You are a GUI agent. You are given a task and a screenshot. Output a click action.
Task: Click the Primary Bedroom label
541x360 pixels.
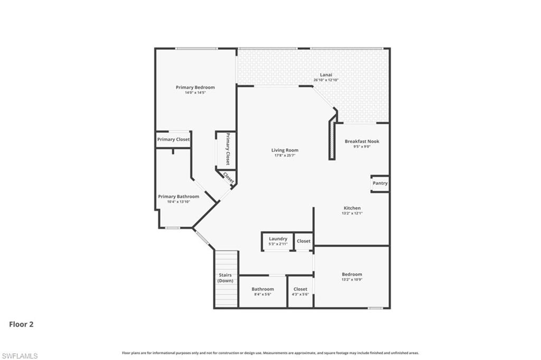[x=195, y=87]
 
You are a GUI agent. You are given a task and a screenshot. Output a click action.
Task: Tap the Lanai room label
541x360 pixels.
[x=326, y=75]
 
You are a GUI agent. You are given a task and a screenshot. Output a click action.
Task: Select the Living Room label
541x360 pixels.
[x=285, y=150]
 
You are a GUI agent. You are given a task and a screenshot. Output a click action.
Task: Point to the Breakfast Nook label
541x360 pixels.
[x=362, y=141]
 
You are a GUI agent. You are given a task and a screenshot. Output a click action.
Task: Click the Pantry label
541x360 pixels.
[x=380, y=183]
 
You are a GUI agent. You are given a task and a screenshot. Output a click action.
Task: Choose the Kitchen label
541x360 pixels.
[x=352, y=208]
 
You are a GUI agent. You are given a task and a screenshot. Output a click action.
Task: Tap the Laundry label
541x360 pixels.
[x=278, y=239]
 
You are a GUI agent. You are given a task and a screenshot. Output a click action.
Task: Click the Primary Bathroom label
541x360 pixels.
[x=179, y=196]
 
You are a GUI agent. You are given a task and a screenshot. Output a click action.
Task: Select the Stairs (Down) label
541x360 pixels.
[x=226, y=278]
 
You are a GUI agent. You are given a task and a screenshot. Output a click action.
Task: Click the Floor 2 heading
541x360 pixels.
[x=21, y=324]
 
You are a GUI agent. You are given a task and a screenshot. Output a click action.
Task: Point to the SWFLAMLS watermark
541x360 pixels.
[x=20, y=356]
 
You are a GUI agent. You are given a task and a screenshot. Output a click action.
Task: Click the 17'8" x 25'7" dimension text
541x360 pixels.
[x=285, y=155]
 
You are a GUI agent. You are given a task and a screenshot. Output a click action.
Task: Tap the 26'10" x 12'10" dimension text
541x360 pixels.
[x=326, y=80]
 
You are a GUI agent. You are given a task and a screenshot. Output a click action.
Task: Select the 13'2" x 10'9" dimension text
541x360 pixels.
[x=352, y=280]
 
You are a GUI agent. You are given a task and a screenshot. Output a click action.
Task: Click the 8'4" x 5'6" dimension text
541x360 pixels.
[x=263, y=294]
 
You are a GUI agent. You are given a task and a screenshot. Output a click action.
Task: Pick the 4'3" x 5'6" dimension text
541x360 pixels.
[x=300, y=294]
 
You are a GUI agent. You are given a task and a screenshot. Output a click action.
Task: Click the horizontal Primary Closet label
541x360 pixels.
[x=173, y=140]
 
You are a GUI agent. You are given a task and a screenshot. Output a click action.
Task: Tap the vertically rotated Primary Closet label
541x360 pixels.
[x=227, y=149]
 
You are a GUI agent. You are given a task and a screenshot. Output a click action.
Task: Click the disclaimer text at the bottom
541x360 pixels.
[x=270, y=353]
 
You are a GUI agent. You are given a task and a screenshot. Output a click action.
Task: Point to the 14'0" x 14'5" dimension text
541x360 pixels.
[x=195, y=93]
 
